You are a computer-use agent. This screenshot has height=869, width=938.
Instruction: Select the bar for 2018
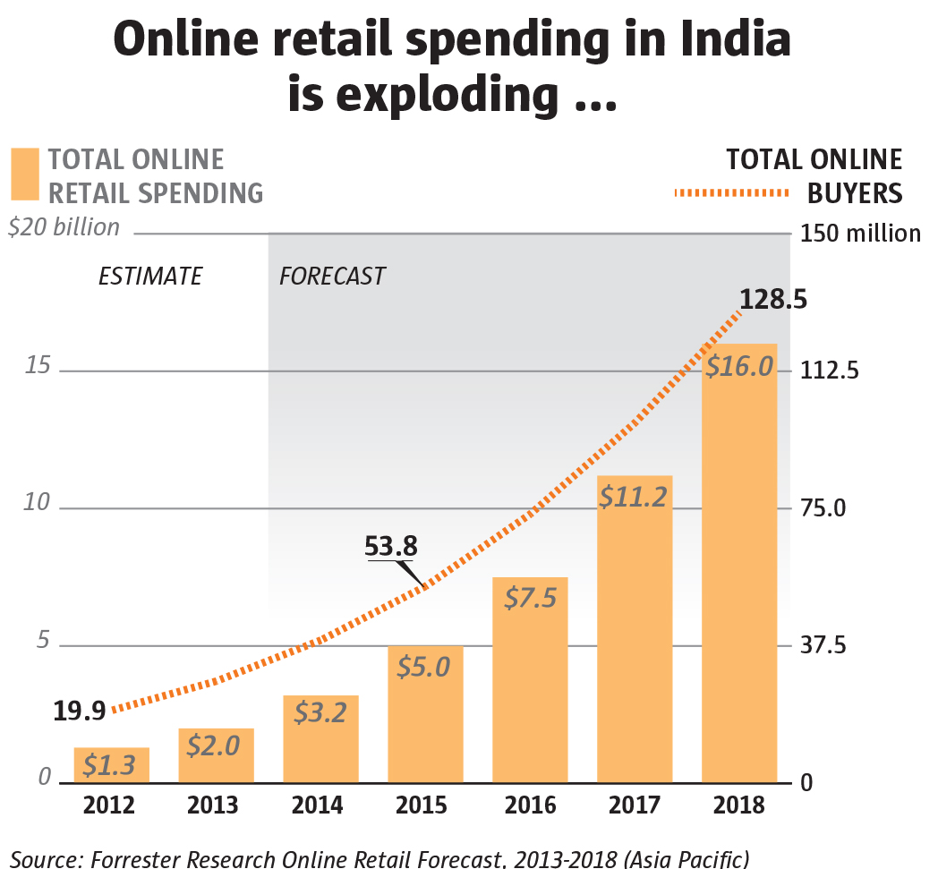point(738,564)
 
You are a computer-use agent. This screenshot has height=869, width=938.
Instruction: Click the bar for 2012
point(111,765)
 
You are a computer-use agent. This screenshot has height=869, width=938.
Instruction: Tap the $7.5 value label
point(530,598)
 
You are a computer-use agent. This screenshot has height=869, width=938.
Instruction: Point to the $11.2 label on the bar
point(634,496)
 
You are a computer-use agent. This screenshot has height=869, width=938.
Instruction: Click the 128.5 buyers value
point(773,298)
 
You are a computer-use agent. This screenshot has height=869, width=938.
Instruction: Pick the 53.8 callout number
point(391,545)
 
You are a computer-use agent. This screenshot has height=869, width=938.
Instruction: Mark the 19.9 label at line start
point(80,711)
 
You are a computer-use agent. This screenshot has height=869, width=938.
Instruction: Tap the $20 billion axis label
point(64,227)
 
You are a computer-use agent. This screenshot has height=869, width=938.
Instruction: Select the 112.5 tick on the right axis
point(831,371)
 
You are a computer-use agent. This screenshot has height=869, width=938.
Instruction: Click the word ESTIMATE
point(150,276)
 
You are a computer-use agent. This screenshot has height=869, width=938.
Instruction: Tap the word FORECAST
point(332,276)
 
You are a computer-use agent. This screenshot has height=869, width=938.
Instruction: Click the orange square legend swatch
point(25,175)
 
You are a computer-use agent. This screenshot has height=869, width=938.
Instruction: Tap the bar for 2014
point(320,739)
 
